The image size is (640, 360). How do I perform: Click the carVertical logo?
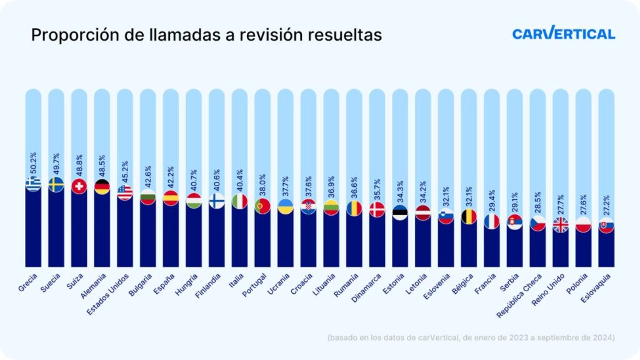563,34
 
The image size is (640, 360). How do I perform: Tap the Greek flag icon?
33,183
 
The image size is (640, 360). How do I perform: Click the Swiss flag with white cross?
79,186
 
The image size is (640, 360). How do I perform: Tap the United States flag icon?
125,192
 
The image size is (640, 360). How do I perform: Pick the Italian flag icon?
239,201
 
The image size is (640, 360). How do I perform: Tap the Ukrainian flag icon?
286,206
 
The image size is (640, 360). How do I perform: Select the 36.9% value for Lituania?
331,186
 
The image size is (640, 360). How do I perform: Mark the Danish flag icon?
377,209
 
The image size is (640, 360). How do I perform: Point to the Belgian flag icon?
469,216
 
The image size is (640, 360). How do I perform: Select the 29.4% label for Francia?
492,200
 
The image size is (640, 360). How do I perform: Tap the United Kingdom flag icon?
561,224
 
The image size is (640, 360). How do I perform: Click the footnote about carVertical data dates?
471,337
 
